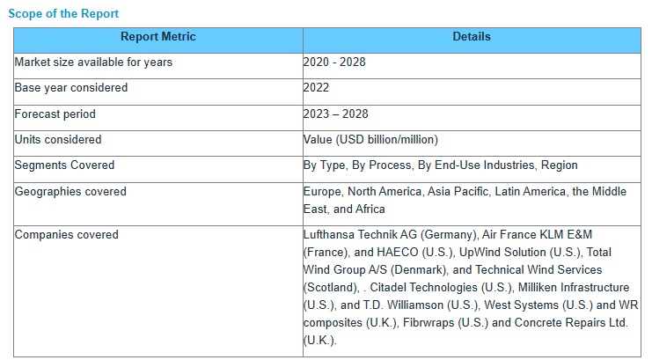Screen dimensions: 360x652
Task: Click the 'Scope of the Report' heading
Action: coord(63,14)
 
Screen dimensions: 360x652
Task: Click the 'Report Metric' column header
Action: coord(158,37)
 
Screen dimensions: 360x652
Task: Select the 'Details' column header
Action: coord(472,37)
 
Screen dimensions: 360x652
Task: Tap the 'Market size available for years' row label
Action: coord(93,62)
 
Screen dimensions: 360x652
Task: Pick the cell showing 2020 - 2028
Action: coord(334,62)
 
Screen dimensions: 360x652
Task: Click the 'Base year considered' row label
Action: coord(71,88)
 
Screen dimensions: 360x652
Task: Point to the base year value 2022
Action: coord(317,88)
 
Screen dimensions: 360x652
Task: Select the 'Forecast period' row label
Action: coord(55,114)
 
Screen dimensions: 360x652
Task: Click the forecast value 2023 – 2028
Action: coord(336,114)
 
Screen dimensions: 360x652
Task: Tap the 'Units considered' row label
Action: coord(58,140)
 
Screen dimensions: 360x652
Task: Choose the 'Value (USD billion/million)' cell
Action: coord(370,140)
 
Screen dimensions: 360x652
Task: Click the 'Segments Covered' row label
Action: coord(65,165)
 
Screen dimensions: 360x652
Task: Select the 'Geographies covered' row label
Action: coord(70,192)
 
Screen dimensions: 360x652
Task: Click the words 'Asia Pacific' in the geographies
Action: coord(458,192)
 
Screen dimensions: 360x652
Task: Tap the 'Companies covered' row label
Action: coord(67,235)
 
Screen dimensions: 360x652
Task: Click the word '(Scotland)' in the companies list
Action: coord(330,288)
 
